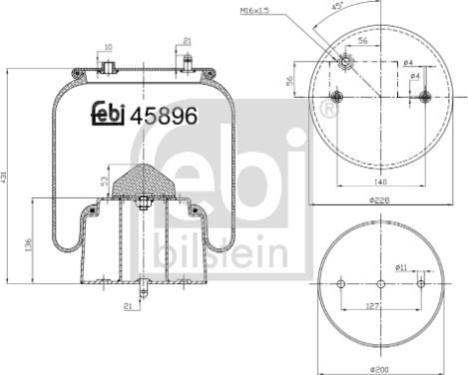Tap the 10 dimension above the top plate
tap(108, 46)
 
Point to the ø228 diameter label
tap(378, 200)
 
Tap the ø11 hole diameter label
tap(402, 266)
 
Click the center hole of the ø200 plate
tap(380, 284)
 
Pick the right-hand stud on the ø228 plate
tap(425, 97)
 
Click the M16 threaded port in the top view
tap(344, 62)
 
